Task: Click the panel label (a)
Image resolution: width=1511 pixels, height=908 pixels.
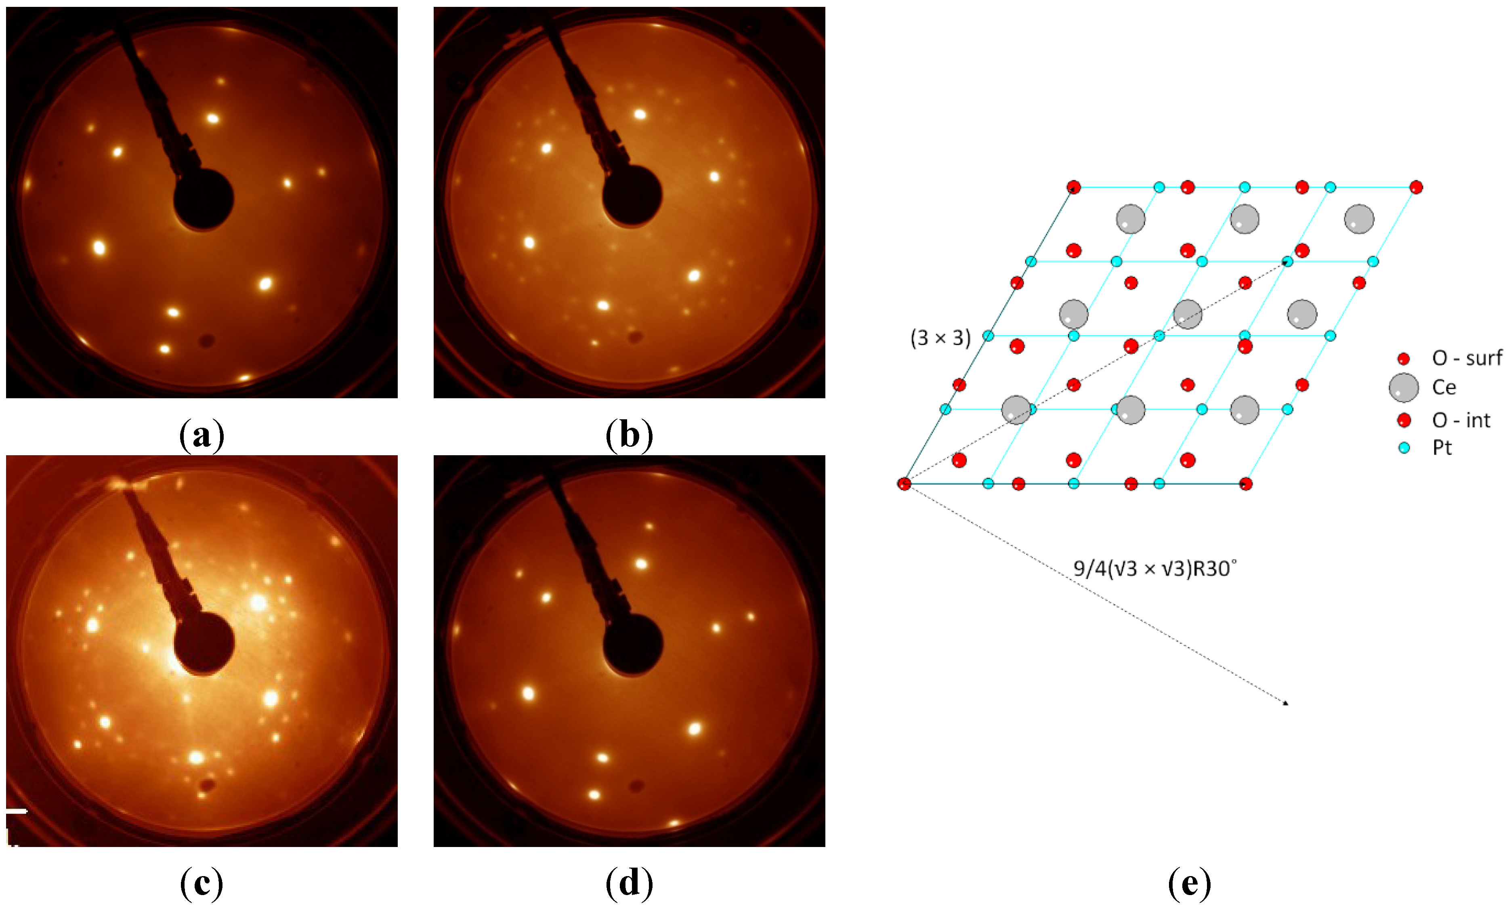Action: click(202, 436)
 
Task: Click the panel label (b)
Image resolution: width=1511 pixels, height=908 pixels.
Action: click(629, 436)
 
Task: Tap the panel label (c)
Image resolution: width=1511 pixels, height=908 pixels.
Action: click(202, 883)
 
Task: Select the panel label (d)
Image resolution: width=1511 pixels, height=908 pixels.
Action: click(629, 883)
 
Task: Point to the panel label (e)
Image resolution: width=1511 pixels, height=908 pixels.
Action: click(1189, 883)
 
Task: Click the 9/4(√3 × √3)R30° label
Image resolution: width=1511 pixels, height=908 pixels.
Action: click(1154, 569)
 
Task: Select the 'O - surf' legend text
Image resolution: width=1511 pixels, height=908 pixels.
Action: click(1466, 358)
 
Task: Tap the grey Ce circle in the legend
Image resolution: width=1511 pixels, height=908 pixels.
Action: click(1403, 387)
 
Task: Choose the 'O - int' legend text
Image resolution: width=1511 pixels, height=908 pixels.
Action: click(1461, 420)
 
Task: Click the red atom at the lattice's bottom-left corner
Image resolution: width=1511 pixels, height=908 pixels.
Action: click(904, 484)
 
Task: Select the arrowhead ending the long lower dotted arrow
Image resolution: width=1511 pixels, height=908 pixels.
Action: click(1286, 704)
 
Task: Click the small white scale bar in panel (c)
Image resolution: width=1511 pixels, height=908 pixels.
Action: click(17, 811)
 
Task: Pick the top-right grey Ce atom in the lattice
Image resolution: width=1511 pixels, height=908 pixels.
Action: click(1359, 219)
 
